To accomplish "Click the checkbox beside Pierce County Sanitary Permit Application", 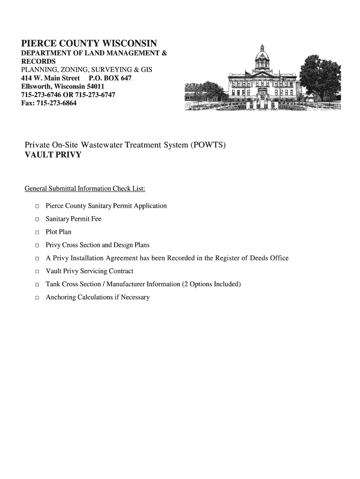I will click(36, 206).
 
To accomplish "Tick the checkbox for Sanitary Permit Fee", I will click(36, 219).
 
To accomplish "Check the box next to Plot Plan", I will click(36, 232).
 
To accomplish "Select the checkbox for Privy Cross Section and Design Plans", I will click(36, 246).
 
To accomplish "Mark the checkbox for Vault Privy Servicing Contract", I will click(36, 272).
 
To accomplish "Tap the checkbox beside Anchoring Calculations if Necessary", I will click(36, 298).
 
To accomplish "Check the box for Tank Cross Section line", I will click(36, 285).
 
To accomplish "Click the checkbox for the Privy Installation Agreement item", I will click(36, 259).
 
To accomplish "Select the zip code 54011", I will click(95, 87).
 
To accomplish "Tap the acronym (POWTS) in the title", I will click(208, 145).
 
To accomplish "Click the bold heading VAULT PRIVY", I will click(52, 155).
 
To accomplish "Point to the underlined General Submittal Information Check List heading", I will click(85, 189).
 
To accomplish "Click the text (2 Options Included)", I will click(212, 284).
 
